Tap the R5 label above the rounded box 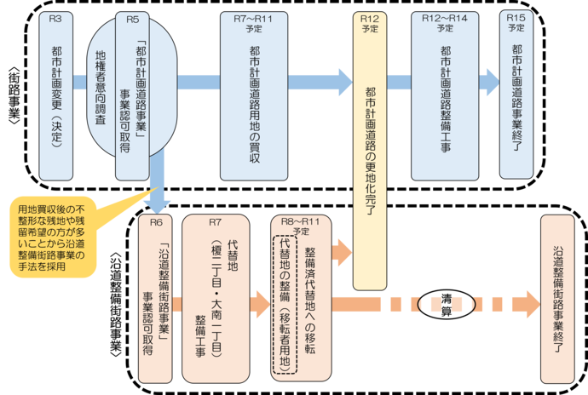coord(133,17)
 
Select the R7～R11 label coord(253,17)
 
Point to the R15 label coord(516,17)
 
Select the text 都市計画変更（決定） coord(57,99)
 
